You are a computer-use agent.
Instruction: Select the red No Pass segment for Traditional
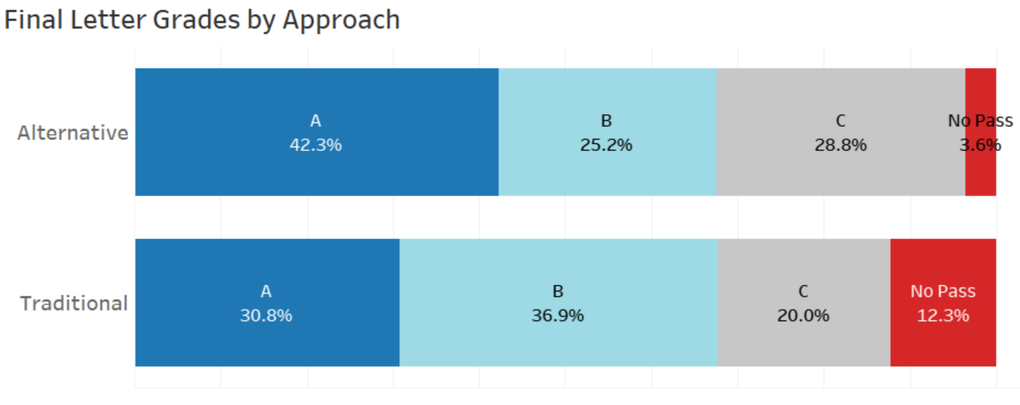[x=943, y=345]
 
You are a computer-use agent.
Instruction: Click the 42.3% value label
[x=316, y=145]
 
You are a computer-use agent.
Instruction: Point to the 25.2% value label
[x=606, y=145]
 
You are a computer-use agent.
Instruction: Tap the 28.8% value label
[x=840, y=145]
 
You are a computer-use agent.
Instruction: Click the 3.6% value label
[x=980, y=145]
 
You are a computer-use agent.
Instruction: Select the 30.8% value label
[x=266, y=316]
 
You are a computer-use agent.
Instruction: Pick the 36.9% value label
[x=558, y=316]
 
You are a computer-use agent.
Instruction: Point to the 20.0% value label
[x=803, y=316]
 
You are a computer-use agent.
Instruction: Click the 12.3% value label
[x=943, y=316]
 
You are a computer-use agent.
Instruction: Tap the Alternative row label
[x=73, y=134]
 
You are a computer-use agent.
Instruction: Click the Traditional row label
[x=73, y=304]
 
